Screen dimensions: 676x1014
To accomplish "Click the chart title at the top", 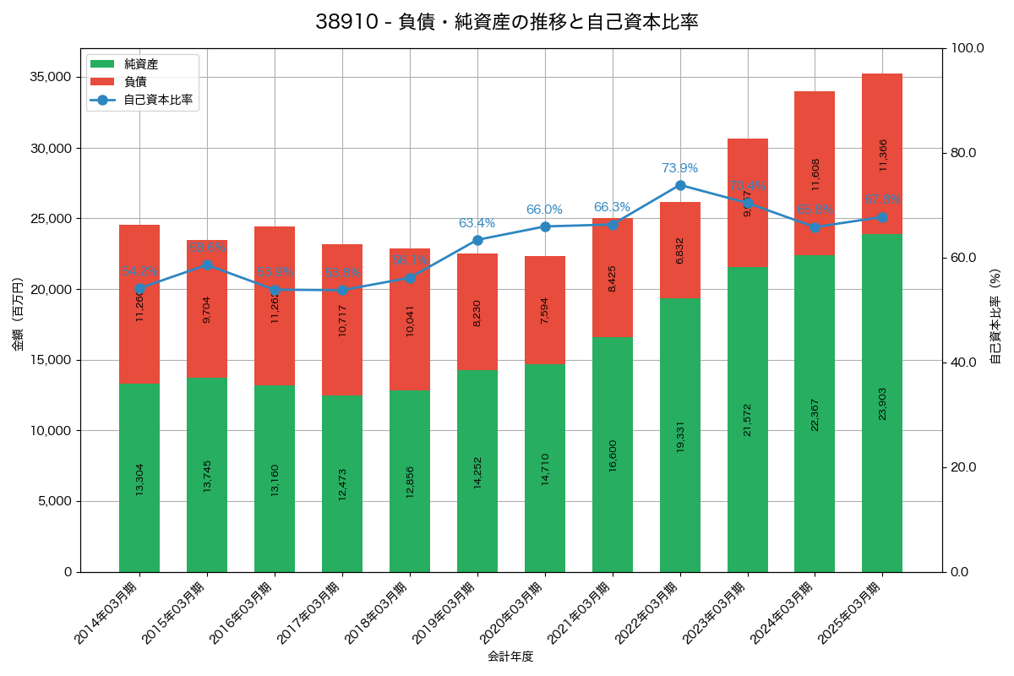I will [507, 22].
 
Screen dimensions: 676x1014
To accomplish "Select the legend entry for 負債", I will [135, 82].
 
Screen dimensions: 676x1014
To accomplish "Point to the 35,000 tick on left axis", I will [49, 77].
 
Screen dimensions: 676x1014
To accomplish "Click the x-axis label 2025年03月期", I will [850, 613].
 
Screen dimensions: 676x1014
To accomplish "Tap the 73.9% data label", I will [679, 168].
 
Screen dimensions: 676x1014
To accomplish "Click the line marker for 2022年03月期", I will [680, 185].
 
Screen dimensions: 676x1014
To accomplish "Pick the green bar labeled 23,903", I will [882, 403].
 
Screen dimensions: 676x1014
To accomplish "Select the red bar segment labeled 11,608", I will [815, 173].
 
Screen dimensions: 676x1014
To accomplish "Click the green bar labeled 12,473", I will [342, 483].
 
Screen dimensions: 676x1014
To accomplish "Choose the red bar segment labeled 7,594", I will [545, 310].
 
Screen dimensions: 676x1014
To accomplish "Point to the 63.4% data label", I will [477, 223].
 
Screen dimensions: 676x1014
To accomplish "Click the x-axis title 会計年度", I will [510, 656].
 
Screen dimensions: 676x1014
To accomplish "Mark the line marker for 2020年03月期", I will [545, 226].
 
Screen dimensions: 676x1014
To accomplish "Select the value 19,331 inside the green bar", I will [680, 435].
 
